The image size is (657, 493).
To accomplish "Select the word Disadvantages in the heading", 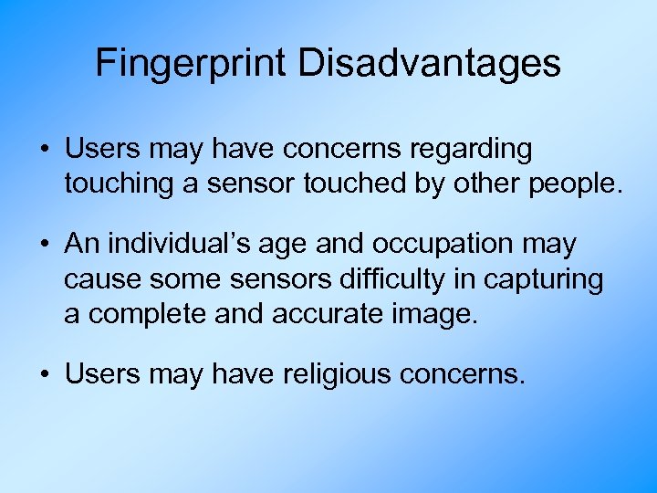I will coord(428,64).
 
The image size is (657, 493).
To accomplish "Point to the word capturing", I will coord(543,279).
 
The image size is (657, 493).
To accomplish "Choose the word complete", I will coord(150,314).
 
